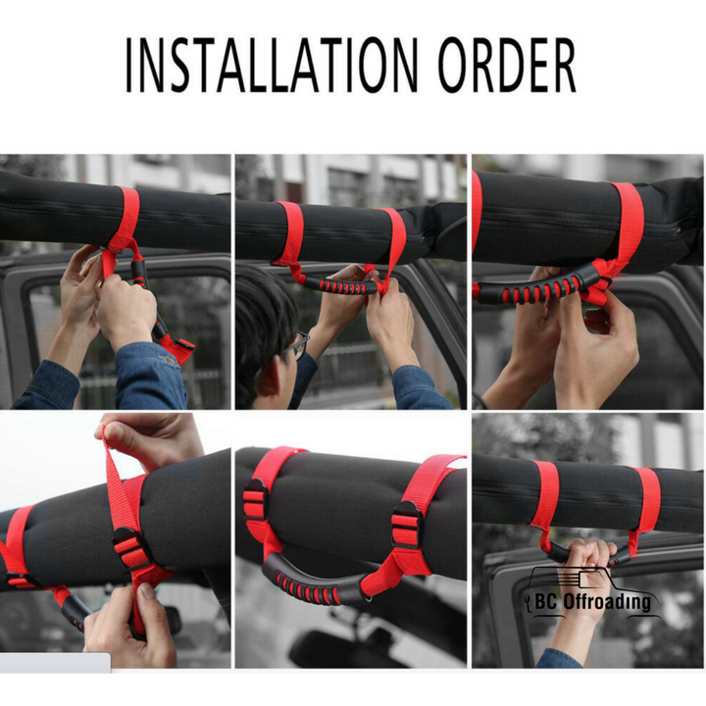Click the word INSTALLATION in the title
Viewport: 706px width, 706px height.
(272, 66)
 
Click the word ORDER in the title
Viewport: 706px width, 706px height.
(508, 66)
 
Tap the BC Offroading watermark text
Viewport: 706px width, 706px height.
(593, 602)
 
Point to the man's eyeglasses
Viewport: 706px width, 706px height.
(297, 345)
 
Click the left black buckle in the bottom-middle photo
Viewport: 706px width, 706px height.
(255, 500)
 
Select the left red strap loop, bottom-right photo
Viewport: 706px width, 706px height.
(546, 500)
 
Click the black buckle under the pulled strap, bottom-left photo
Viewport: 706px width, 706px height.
(130, 548)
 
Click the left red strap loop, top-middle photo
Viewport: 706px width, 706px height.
(290, 234)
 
